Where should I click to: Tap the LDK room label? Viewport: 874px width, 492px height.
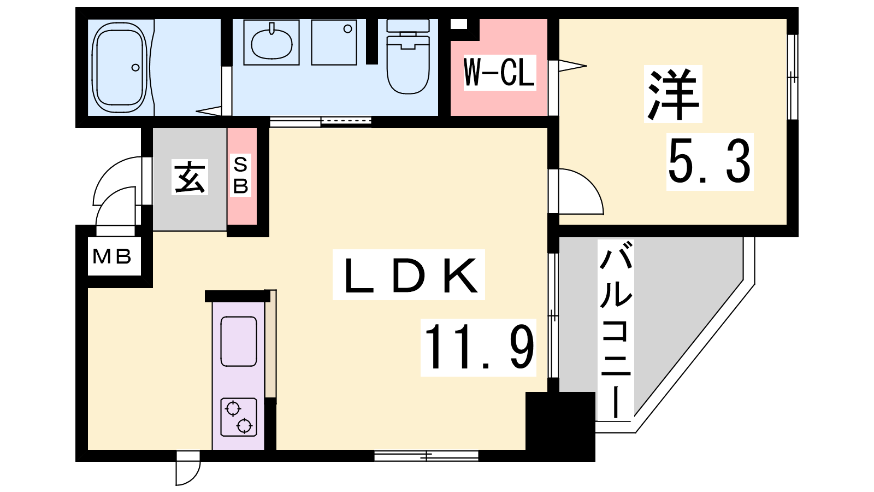409,275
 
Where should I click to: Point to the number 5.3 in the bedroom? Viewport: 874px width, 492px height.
710,162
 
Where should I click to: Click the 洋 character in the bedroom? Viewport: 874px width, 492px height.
672,94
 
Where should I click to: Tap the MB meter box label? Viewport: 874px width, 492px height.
111,256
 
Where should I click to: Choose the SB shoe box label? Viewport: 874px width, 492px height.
241,175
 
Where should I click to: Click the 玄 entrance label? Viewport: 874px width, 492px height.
190,177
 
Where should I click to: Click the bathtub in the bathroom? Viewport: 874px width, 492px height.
121,67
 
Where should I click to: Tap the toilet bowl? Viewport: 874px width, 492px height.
408,57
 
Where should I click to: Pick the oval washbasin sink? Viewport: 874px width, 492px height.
271,43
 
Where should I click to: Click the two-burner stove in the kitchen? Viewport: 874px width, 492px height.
238,417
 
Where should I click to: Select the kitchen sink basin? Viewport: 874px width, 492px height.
239,341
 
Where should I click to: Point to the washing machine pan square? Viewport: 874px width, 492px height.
334,43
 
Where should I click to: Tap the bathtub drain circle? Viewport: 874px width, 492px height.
135,68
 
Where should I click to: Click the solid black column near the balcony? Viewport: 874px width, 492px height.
560,426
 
